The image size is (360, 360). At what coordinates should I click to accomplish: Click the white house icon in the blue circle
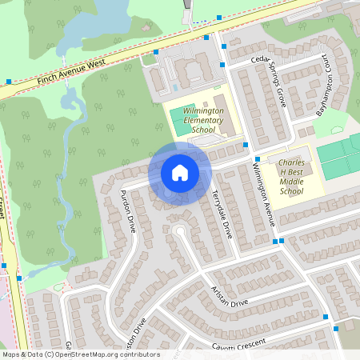(180, 172)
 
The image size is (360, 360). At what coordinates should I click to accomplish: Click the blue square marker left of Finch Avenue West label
(9, 81)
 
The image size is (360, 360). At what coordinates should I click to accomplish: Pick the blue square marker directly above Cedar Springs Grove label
(224, 46)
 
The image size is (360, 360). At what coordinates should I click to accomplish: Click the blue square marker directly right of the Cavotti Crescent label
(336, 327)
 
